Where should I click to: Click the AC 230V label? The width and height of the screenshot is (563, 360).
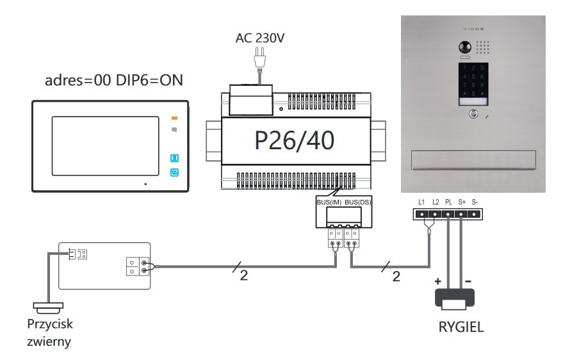(x=259, y=38)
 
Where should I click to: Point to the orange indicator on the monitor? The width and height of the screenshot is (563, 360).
(x=174, y=118)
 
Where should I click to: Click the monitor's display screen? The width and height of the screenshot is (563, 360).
(x=105, y=145)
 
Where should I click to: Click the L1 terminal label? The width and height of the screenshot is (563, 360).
(x=421, y=202)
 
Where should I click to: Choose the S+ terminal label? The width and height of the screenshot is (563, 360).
(x=462, y=202)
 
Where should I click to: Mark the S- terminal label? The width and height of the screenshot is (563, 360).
(x=475, y=202)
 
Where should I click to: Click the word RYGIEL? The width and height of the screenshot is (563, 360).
(x=461, y=327)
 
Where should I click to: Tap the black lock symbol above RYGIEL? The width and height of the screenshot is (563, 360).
(x=455, y=297)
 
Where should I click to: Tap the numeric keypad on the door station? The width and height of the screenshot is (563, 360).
(x=473, y=80)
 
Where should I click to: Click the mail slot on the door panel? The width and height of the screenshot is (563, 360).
(x=472, y=160)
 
